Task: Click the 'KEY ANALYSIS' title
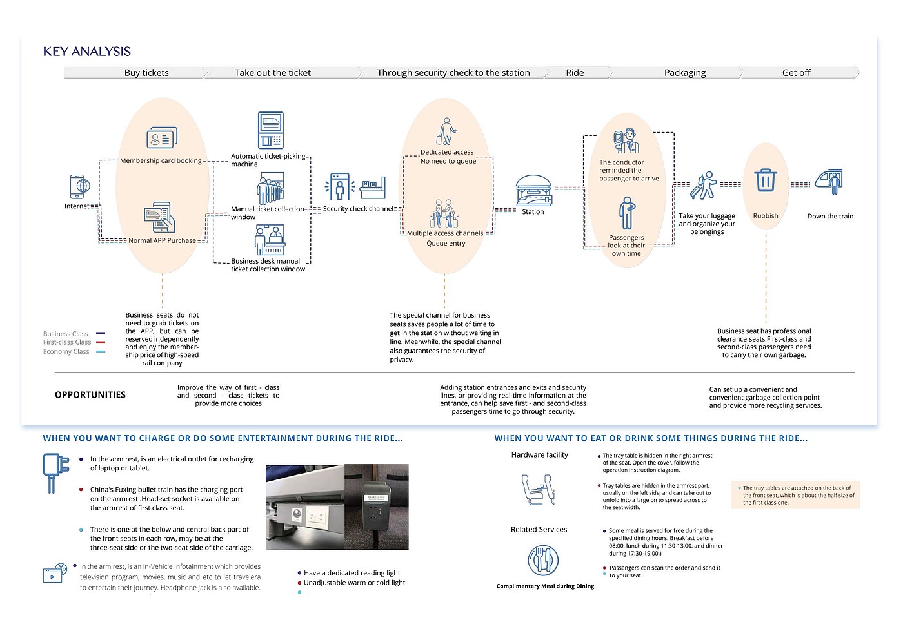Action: coord(87,52)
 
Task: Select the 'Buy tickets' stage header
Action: coord(146,73)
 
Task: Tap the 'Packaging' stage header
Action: coord(684,73)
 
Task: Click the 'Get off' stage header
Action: coord(796,73)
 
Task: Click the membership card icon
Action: coord(161,138)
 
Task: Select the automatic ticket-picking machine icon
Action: coord(271,130)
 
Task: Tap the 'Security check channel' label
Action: coord(358,209)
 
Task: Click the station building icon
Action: coord(533,190)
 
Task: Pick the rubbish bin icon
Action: coord(766,180)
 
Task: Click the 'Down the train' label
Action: coord(830,217)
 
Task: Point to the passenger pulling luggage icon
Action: coord(704,186)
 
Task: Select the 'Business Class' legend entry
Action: coord(66,334)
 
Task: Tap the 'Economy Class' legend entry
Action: coord(66,351)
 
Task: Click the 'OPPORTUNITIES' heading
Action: coord(90,395)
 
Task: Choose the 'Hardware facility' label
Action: coord(539,455)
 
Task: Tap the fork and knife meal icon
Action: coord(543,560)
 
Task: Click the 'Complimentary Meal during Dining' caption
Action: coord(545,586)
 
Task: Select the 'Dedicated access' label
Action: coord(447,153)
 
